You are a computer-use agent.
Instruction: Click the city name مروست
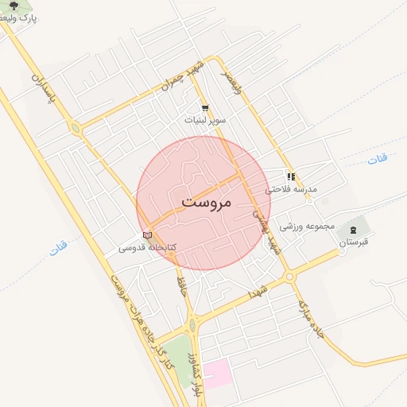click(x=204, y=202)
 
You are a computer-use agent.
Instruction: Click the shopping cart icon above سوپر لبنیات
click(x=205, y=108)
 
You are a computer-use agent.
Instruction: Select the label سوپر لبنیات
click(x=206, y=120)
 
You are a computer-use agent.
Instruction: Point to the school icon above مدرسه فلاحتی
click(x=292, y=176)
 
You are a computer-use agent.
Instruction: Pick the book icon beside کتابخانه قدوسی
click(x=147, y=235)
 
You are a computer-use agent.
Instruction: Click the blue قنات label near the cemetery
click(x=378, y=160)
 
